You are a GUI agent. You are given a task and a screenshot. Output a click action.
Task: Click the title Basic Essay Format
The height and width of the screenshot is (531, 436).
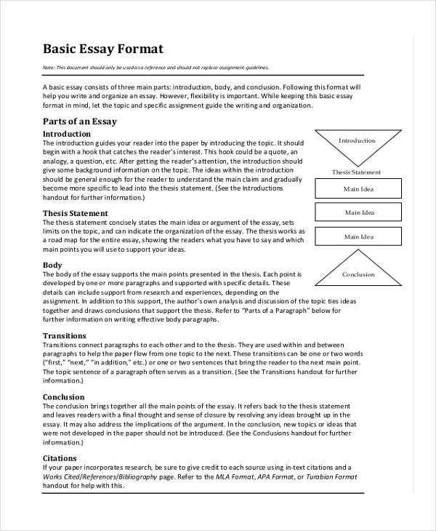[103, 49]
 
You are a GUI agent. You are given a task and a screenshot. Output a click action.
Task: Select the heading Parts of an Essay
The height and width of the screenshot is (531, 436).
[79, 121]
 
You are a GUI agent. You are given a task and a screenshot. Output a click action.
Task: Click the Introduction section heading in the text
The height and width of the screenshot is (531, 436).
[67, 134]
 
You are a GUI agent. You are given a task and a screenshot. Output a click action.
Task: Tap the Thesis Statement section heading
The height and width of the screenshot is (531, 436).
[75, 213]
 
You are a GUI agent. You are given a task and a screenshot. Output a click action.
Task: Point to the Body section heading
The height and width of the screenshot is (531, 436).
[52, 265]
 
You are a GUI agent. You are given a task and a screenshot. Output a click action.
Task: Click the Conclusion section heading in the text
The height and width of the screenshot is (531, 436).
[63, 397]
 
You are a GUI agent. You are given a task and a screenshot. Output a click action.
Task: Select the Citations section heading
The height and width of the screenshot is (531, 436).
[60, 458]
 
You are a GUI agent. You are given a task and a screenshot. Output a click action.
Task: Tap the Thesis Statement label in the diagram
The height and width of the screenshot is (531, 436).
[356, 172]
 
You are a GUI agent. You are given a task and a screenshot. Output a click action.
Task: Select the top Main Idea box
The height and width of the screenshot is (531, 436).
[358, 189]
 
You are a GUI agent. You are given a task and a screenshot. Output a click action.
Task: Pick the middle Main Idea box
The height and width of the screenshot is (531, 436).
[358, 212]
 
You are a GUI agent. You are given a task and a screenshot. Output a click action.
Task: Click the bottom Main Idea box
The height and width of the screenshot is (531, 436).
[358, 236]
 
